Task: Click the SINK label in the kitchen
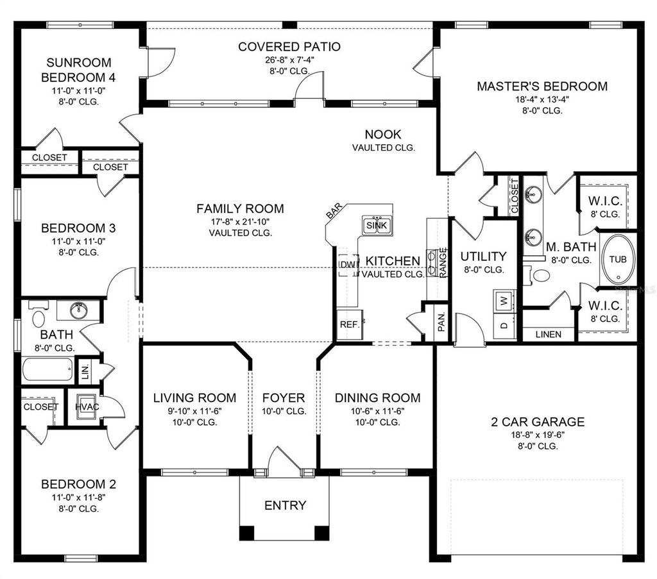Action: [x=377, y=226]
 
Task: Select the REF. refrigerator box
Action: [x=349, y=324]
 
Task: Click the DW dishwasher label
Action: [x=347, y=265]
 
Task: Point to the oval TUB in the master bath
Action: [x=619, y=260]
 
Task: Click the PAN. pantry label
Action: [x=441, y=324]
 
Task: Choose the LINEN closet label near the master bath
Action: [x=548, y=334]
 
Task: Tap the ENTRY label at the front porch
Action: [x=286, y=505]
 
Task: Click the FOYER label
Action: [x=284, y=398]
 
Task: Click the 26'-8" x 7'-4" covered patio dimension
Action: [x=289, y=59]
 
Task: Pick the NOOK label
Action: [x=383, y=134]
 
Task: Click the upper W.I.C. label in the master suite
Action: [x=604, y=201]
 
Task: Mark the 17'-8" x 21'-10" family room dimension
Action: [x=240, y=221]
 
